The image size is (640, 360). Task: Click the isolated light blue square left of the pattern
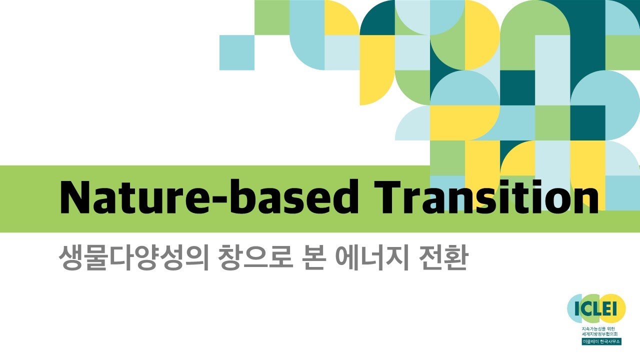pos(237,52)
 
